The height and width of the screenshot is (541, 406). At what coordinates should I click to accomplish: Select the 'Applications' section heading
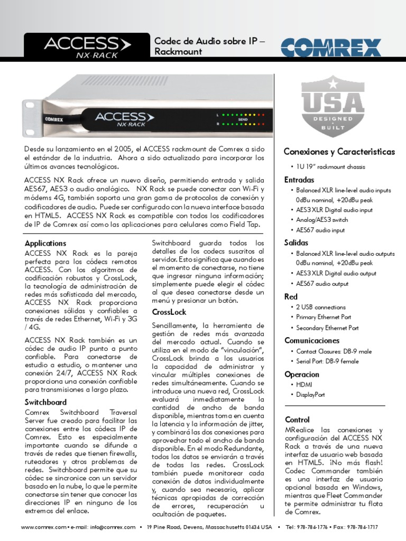(x=45, y=244)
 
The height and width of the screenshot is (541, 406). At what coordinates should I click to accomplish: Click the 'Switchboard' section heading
(x=45, y=402)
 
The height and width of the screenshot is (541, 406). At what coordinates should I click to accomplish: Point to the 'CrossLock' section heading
(x=169, y=312)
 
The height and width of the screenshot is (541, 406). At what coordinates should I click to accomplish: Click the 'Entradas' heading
(x=299, y=180)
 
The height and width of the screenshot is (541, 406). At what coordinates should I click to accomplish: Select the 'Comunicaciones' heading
(x=312, y=340)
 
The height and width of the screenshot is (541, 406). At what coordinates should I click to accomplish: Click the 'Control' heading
(x=297, y=419)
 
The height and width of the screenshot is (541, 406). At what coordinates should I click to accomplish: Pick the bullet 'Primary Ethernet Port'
(x=324, y=317)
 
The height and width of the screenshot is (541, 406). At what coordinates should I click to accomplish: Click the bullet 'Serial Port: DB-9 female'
(x=327, y=361)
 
